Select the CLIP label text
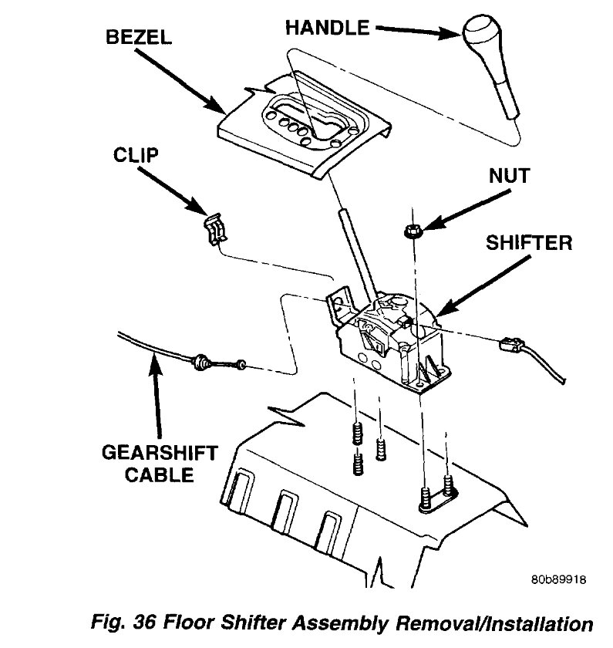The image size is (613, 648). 136,154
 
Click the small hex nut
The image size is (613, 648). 410,229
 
